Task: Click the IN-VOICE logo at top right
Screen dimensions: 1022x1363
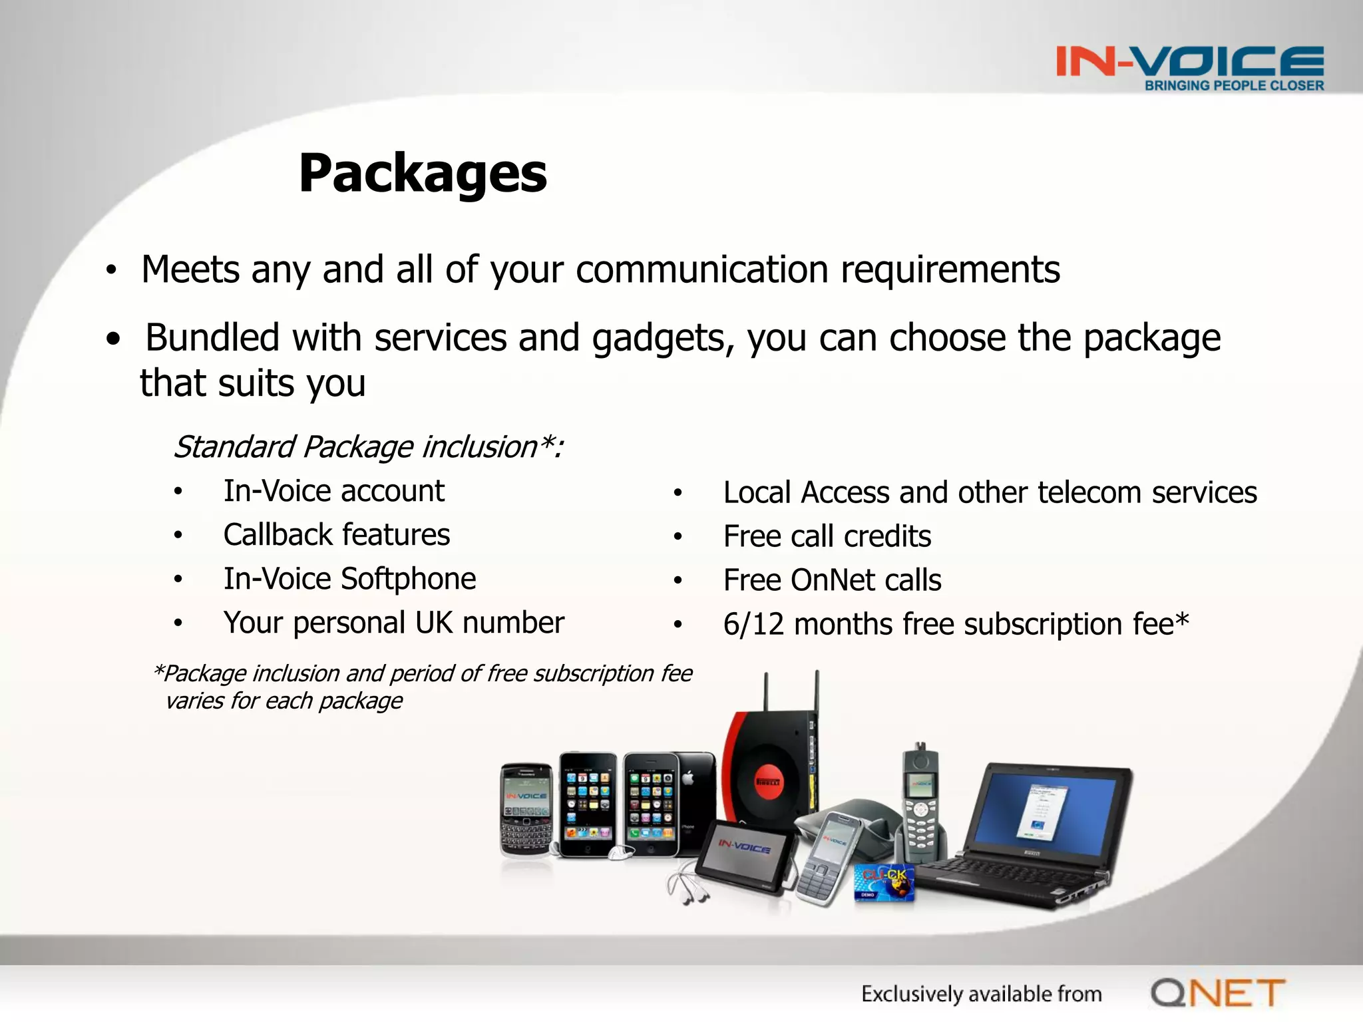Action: point(1190,61)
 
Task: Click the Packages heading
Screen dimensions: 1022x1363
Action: point(423,174)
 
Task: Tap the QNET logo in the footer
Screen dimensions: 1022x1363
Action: point(1218,993)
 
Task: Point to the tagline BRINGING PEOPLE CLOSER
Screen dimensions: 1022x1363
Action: point(1234,86)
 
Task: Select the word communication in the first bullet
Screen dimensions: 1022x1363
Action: point(702,270)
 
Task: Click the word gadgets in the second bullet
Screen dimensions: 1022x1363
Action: point(662,338)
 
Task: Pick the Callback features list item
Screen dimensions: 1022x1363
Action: point(336,535)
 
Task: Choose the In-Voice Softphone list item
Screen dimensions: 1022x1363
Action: point(349,579)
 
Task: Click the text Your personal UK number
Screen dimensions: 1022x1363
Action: point(393,623)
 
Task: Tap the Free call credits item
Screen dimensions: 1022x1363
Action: point(827,536)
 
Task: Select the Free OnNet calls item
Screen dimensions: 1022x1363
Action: point(832,580)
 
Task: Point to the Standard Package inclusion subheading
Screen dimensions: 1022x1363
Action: point(368,446)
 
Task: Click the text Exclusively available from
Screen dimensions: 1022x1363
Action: point(981,994)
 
